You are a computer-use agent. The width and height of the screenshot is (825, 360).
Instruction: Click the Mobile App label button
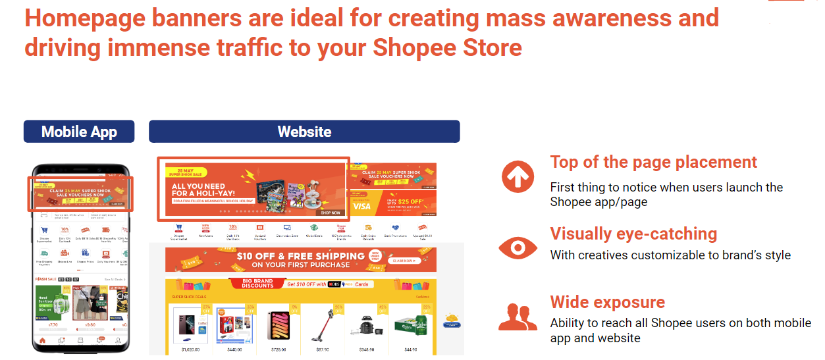coord(79,132)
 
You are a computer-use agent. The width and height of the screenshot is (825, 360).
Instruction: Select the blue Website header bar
coord(304,132)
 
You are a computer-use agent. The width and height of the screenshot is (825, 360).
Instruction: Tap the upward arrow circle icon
coord(518,176)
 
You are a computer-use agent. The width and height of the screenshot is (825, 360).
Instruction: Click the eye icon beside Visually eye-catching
coord(518,247)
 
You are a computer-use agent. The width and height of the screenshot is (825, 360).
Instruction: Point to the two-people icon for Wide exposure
coord(518,317)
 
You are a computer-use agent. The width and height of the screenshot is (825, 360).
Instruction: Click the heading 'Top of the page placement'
coord(653,162)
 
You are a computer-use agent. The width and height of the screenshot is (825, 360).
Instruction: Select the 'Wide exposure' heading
coord(607,302)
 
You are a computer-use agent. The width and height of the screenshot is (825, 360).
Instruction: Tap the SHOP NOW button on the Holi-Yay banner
coord(331,213)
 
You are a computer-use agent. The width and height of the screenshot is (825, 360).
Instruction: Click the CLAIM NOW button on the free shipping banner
coord(406,261)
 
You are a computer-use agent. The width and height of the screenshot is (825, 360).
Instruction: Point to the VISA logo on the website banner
coord(361,206)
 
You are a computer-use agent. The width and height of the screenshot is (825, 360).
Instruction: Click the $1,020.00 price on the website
coord(190,349)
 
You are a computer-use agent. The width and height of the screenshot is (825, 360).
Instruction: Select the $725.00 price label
coord(278,349)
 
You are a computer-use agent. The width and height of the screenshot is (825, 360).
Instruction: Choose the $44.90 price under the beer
coord(410,349)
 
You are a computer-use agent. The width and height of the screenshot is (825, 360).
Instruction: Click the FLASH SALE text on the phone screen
coord(45,280)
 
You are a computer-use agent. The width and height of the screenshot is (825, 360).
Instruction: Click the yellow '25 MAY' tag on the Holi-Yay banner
coord(185,172)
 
